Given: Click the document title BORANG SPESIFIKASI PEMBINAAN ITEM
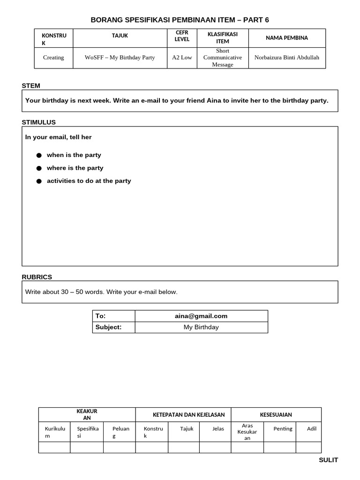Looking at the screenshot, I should point(180,20).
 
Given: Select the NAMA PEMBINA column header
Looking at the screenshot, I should point(287,38).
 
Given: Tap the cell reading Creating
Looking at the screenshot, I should point(53,58).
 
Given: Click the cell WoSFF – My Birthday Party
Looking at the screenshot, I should point(120,58).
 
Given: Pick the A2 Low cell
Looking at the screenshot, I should point(182,58).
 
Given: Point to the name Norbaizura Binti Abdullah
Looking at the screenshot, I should point(287,58).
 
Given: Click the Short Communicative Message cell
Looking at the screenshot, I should point(222,58).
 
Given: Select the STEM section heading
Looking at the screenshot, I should point(31,86).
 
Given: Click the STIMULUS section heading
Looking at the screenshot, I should point(39,122).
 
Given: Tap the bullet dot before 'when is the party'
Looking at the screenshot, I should point(39,155).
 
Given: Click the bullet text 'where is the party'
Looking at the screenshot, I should point(75,168).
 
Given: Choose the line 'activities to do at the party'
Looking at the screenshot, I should point(89,181).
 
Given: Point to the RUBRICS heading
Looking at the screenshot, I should point(37,277).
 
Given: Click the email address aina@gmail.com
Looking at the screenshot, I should point(201,316).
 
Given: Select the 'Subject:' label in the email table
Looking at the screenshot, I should point(108,327).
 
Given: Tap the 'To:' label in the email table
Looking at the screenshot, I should point(100,316).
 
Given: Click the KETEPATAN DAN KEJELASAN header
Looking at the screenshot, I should point(189,414).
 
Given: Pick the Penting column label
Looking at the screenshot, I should point(283,428).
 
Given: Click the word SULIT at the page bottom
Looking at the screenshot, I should point(328,460).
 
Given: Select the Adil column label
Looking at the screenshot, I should point(312,428).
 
